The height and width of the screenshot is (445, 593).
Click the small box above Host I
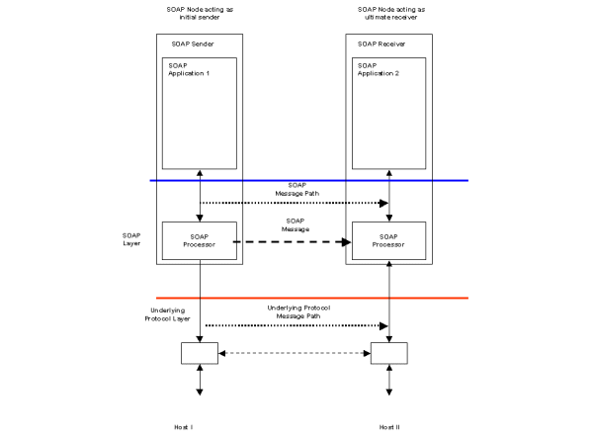point(199,352)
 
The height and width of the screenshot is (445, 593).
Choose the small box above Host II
point(388,352)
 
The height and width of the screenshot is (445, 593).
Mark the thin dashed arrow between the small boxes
point(293,352)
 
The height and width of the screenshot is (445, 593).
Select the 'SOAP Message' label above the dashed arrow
point(295,224)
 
